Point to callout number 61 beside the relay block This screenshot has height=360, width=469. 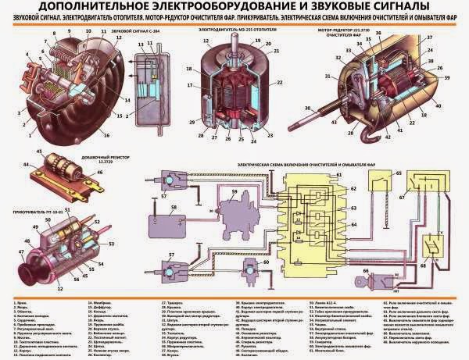[339, 176]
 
